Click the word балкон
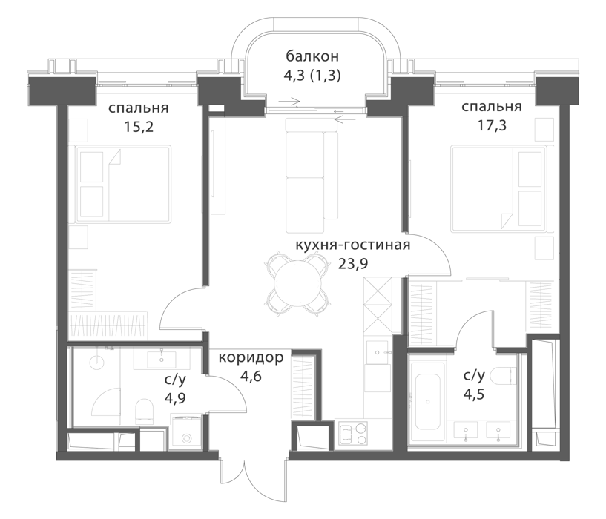point(312,56)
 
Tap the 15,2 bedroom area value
point(139,127)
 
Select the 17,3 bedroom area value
point(492,125)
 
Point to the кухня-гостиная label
point(352,245)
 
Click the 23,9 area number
point(353,264)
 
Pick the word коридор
point(251,358)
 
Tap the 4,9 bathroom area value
point(175,397)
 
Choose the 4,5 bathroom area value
point(474,394)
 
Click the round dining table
point(297,284)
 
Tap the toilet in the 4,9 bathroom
point(145,411)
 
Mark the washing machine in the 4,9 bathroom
point(186,433)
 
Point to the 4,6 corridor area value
point(251,376)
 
